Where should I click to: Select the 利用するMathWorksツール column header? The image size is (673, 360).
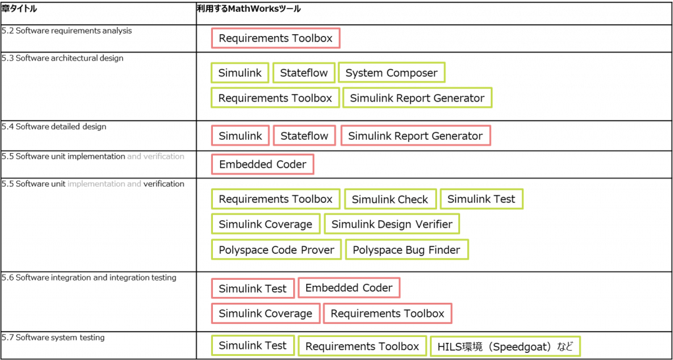248,9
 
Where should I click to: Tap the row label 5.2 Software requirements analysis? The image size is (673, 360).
66,31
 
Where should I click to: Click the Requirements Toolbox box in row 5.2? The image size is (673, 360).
275,38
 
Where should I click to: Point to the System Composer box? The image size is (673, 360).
392,72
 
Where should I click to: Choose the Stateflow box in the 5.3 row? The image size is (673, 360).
304,72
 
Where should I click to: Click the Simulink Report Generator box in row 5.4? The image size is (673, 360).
415,136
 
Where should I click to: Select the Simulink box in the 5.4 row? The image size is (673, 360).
241,136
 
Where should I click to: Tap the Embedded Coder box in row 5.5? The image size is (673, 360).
263,164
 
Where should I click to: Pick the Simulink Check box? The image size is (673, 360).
390,199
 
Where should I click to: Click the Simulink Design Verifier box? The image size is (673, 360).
392,224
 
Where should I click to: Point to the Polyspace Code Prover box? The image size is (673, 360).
277,250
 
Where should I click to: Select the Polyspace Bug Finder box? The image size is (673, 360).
407,250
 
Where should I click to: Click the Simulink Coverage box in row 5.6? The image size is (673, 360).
266,313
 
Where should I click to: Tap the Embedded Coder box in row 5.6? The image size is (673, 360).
349,288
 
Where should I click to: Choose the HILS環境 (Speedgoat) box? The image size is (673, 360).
505,346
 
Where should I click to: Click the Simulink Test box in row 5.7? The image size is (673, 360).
253,345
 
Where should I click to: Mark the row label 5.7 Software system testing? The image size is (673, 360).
53,338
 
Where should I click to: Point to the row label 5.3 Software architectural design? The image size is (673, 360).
62,58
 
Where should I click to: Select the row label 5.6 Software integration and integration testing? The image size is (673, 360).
89,278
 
